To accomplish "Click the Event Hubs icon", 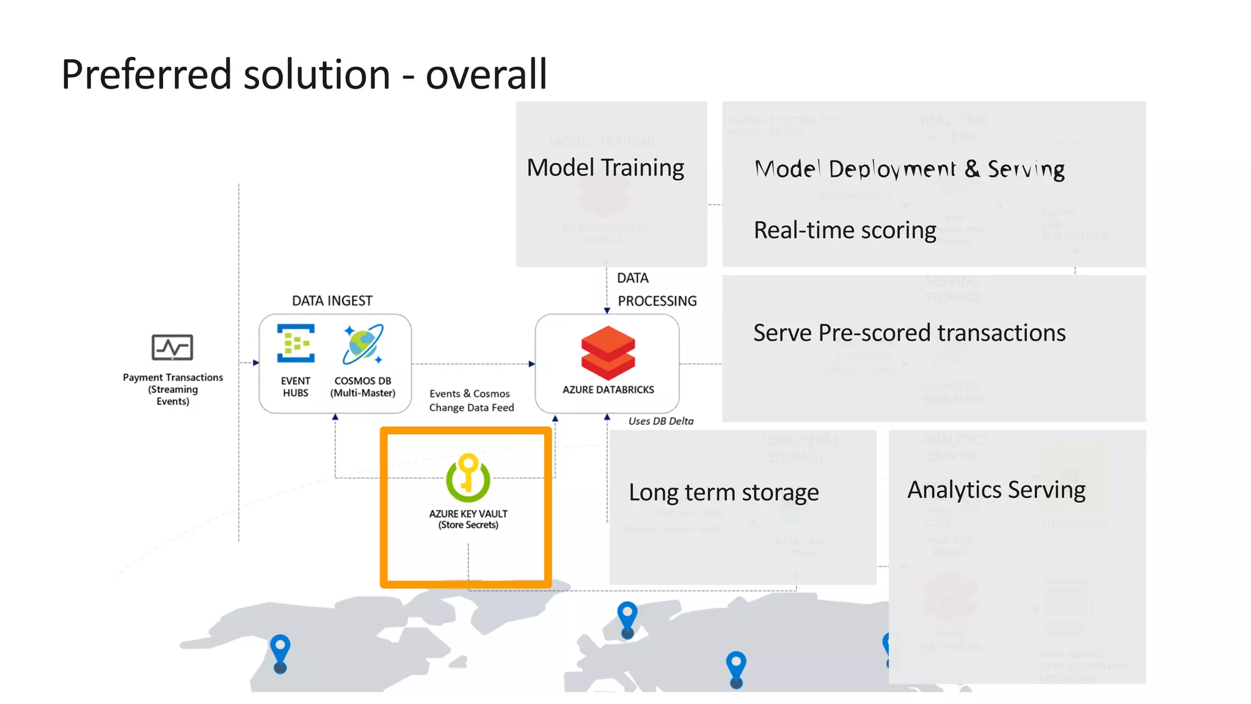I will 296,343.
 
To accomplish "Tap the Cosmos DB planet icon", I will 363,344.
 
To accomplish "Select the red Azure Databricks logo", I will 608,353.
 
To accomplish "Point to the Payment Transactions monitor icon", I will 172,347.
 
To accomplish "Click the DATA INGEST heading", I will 332,301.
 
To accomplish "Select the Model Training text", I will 605,167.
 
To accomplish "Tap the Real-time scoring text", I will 844,230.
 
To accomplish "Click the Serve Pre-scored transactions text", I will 909,333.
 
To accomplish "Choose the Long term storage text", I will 723,493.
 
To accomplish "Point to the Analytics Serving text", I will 996,490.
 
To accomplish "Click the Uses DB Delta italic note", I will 660,421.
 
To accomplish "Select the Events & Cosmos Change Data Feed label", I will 471,400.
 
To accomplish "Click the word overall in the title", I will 486,75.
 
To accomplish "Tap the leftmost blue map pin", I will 280,651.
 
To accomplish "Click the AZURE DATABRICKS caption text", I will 608,390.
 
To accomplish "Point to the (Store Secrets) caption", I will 468,525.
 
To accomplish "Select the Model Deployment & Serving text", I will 909,169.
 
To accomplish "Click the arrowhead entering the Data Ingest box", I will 256,363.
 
